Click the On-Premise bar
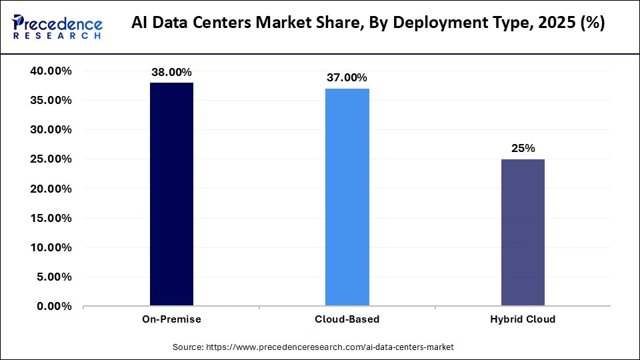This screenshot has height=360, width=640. point(171,194)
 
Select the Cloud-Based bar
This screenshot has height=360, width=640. point(347,197)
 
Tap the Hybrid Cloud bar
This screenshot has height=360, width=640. point(523,233)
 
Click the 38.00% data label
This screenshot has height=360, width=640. point(171,72)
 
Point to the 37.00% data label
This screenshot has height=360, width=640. point(347,78)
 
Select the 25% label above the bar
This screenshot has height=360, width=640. point(523,148)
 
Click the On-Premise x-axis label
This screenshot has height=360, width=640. point(171,319)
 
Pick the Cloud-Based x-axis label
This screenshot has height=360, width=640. point(347,319)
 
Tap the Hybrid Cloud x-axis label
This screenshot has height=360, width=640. point(523,319)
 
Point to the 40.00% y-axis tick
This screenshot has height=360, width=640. point(51,71)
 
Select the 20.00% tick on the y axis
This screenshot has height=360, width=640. point(51,189)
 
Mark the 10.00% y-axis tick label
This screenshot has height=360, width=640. point(51,247)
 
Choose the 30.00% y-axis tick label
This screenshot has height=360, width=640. point(51,130)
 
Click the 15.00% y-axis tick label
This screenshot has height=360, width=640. point(51,218)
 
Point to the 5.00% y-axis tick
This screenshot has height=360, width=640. point(53,277)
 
